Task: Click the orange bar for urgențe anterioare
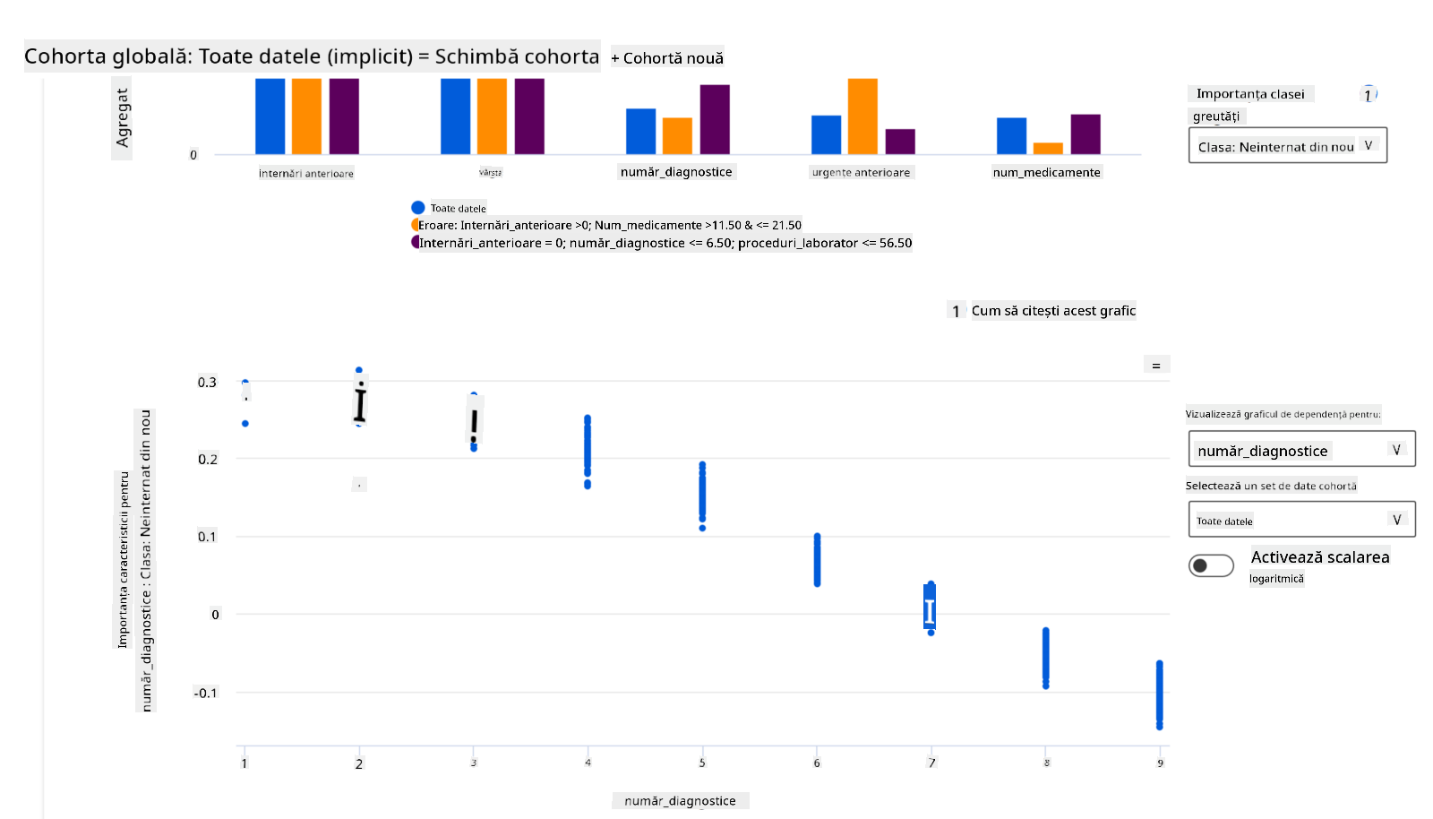point(862,116)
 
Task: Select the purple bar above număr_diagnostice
point(715,119)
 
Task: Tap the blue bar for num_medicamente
point(1011,136)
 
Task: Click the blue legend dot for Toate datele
point(417,208)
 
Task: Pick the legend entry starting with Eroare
point(609,226)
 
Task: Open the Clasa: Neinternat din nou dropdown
point(1287,146)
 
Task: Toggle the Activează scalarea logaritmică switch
point(1211,565)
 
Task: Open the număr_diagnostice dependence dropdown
point(1301,450)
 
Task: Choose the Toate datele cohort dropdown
point(1301,520)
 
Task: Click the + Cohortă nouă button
point(667,58)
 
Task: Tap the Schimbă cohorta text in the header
point(517,56)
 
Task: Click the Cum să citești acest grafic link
point(1053,311)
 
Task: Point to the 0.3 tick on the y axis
point(207,383)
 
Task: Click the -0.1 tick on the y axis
point(205,693)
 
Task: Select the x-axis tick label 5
point(702,763)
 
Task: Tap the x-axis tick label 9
point(1160,763)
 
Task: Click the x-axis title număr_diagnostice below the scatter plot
point(680,801)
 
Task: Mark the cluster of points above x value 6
point(817,560)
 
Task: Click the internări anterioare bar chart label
point(306,173)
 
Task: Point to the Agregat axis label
point(123,118)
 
